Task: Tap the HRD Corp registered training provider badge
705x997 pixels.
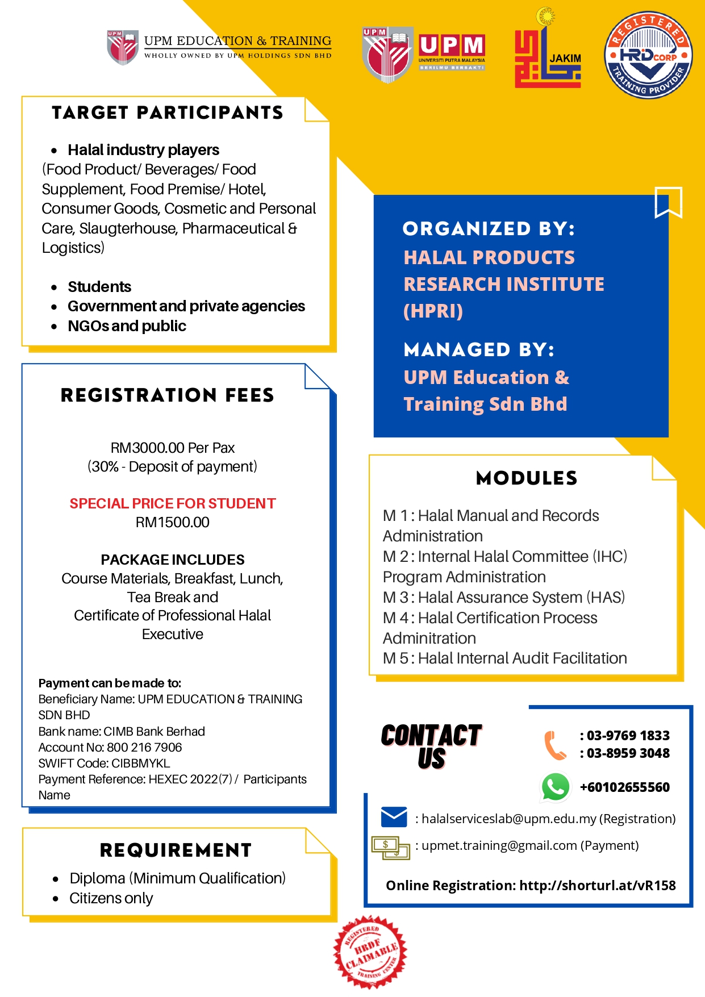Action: point(648,55)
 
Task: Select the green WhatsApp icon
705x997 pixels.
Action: point(555,787)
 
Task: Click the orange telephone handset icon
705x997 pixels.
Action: point(555,745)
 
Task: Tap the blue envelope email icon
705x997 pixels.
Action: point(394,817)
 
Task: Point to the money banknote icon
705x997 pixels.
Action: point(390,847)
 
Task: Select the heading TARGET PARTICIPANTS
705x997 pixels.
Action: point(168,113)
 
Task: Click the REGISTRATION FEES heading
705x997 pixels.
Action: point(168,395)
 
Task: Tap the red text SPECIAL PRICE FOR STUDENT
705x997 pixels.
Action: point(173,503)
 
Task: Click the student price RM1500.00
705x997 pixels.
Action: point(173,522)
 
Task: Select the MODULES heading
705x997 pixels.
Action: point(527,478)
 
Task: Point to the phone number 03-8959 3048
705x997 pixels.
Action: point(628,753)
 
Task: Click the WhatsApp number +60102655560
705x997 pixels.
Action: point(624,787)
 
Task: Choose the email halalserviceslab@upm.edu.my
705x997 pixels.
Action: point(509,819)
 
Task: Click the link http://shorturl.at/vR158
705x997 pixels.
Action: point(598,886)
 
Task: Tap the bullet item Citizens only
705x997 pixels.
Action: point(111,898)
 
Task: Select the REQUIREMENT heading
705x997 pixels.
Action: point(176,850)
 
